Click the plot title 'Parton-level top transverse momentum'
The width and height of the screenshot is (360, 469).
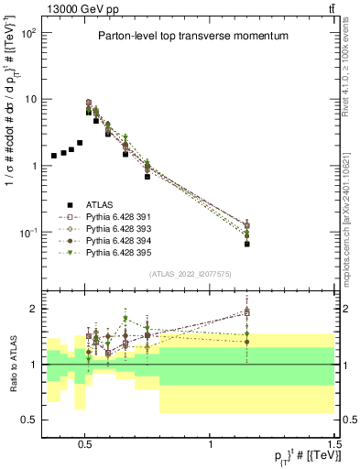[x=193, y=36]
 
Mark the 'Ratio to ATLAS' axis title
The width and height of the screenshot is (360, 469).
[x=12, y=364]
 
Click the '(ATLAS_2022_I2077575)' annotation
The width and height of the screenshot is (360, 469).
[x=191, y=274]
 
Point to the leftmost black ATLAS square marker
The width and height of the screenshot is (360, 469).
[x=54, y=156]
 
